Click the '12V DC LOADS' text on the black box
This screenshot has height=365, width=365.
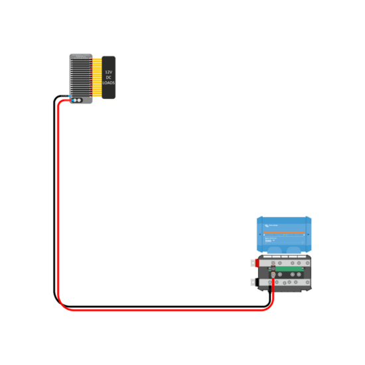point(109,77)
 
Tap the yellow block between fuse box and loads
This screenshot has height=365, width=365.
point(97,77)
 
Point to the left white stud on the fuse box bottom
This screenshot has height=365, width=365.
point(76,100)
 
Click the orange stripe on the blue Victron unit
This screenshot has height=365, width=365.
point(284,233)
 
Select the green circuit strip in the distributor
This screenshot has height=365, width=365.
point(292,269)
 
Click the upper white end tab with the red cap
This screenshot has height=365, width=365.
point(254,263)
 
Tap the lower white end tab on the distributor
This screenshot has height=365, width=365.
point(254,283)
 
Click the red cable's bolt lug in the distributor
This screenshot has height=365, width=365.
point(273,273)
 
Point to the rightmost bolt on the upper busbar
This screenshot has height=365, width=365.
point(307,263)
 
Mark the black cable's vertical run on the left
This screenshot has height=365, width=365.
point(53,199)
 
